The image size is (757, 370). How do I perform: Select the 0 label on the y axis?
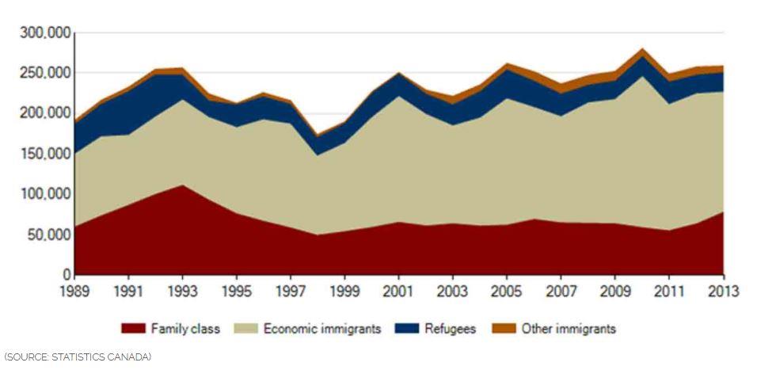(67, 275)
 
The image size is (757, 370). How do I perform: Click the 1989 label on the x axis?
(74, 292)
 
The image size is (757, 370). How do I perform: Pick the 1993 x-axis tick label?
(183, 292)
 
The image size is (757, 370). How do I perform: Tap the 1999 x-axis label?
(345, 292)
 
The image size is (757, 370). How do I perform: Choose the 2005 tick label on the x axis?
(508, 292)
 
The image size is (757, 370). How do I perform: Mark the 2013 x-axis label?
(722, 292)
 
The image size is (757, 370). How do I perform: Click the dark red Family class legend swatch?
(133, 329)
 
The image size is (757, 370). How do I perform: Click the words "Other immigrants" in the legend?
(569, 329)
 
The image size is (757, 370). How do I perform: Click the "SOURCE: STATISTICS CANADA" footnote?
(77, 357)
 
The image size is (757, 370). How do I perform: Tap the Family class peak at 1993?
(183, 186)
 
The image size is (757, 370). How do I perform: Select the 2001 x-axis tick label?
(399, 292)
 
